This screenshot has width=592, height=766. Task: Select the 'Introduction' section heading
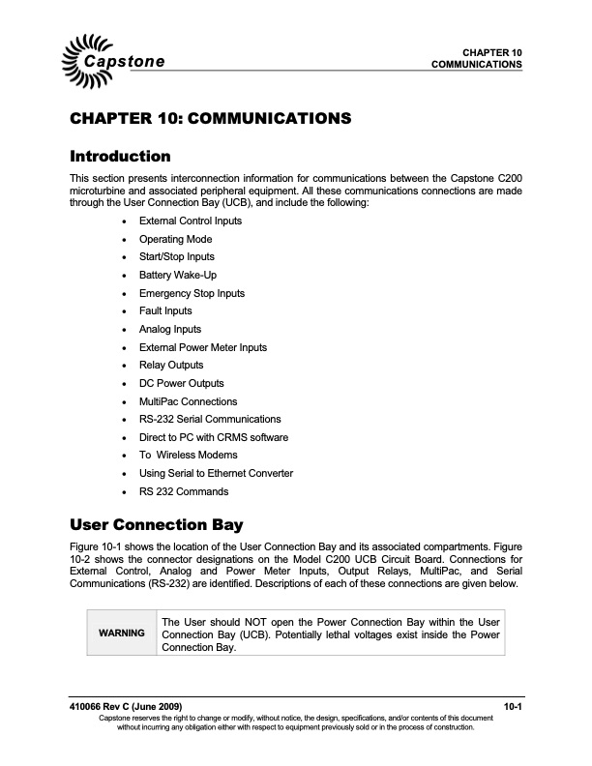click(x=121, y=156)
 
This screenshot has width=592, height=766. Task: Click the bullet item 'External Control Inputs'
click(x=190, y=221)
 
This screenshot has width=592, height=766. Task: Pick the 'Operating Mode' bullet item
click(x=175, y=239)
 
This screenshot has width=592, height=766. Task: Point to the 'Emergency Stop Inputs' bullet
click(x=192, y=293)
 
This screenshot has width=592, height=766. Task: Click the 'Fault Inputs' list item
click(x=165, y=310)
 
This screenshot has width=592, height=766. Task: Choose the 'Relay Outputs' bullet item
click(x=171, y=365)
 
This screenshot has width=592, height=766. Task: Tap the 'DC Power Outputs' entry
click(x=181, y=383)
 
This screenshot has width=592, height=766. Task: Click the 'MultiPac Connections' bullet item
click(x=188, y=401)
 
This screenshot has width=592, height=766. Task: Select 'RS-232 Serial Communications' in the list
click(x=210, y=419)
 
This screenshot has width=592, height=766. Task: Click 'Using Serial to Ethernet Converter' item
click(x=216, y=473)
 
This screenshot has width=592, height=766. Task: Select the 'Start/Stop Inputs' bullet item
click(x=177, y=256)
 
